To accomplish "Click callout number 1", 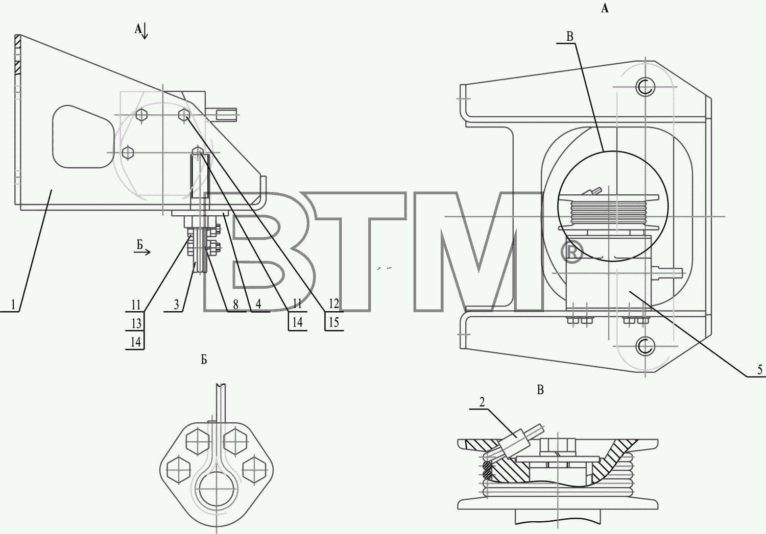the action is click(13, 304).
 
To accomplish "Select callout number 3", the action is click(177, 304).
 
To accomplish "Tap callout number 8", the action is click(235, 304).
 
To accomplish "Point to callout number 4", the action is click(258, 304).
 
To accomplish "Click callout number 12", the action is click(334, 303).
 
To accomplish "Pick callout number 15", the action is click(334, 322).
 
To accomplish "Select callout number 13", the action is click(136, 323).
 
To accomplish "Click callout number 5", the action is click(760, 370).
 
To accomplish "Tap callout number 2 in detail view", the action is click(482, 402).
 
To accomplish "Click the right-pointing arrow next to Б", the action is click(142, 252).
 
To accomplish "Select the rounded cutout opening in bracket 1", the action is click(83, 136).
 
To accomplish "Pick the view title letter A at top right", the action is click(605, 9).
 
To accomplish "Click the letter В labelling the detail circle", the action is click(570, 37).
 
